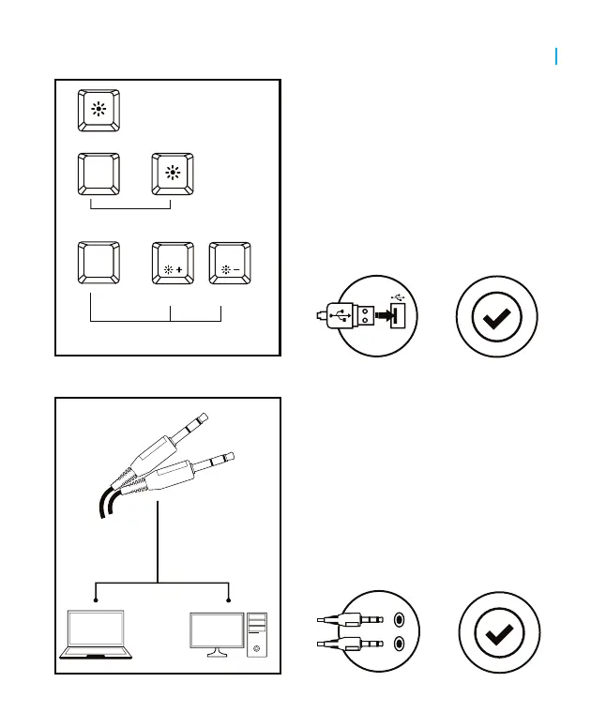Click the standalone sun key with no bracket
click(x=98, y=109)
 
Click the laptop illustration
click(x=96, y=635)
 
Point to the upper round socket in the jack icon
click(x=401, y=619)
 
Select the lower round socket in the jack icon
click(x=401, y=644)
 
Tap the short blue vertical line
click(x=557, y=56)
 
